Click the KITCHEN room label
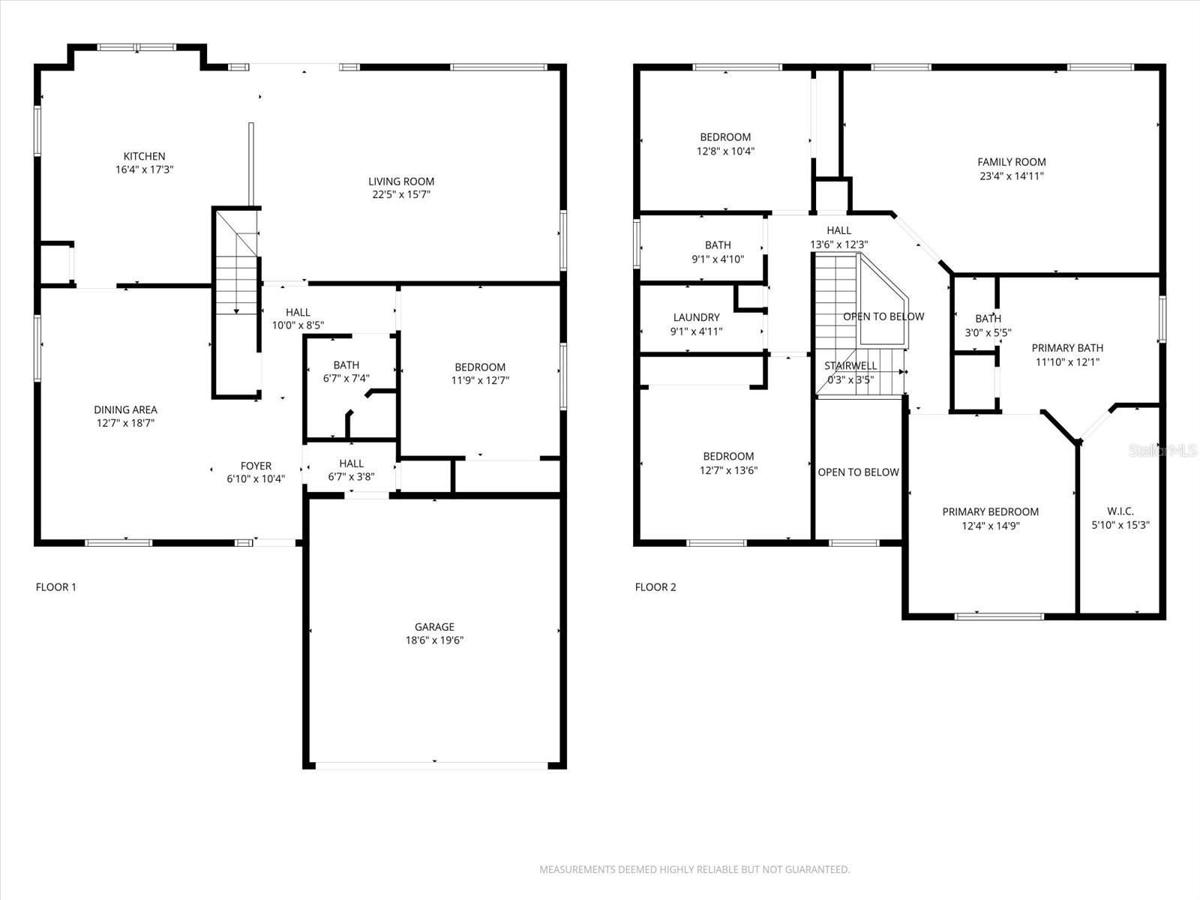point(144,157)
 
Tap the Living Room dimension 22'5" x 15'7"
point(401,195)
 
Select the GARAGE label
point(434,627)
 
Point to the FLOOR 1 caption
point(56,587)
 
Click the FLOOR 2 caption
point(655,587)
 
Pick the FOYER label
point(256,466)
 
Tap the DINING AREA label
point(125,409)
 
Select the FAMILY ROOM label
point(1011,162)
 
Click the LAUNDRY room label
point(696,317)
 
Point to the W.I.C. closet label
point(1120,511)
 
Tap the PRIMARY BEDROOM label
point(990,512)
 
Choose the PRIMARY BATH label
point(1067,348)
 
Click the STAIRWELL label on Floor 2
point(850,366)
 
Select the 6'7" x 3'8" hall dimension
point(351,477)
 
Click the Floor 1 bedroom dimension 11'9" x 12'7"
point(480,380)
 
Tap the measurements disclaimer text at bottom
point(694,870)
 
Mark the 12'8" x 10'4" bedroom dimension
point(725,151)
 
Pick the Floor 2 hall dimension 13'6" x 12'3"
point(838,244)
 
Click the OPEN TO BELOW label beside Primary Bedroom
point(858,472)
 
